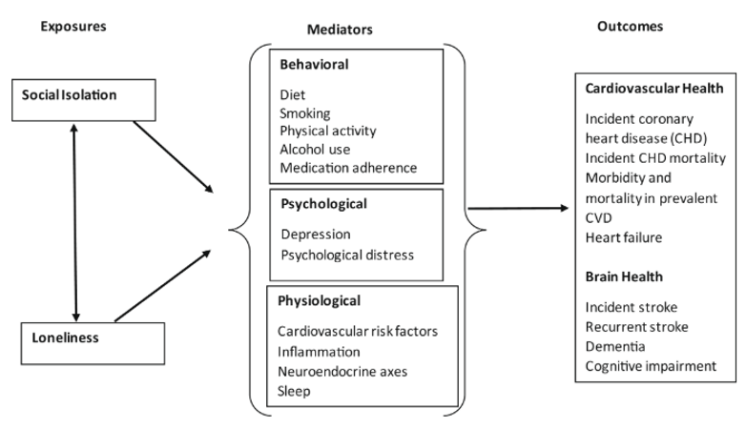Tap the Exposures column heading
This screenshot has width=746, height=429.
pyautogui.click(x=73, y=26)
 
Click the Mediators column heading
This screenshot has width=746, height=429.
pyautogui.click(x=340, y=30)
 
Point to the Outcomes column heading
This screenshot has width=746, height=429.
pyautogui.click(x=630, y=26)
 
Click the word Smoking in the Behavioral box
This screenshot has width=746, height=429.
pyautogui.click(x=304, y=113)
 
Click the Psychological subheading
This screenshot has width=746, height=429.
pyautogui.click(x=323, y=204)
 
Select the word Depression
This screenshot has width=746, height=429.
pyautogui.click(x=316, y=234)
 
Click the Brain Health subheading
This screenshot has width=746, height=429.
pyautogui.click(x=624, y=276)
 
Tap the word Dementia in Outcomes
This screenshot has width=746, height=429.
pyautogui.click(x=615, y=346)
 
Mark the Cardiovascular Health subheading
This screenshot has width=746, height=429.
pyautogui.click(x=653, y=89)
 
